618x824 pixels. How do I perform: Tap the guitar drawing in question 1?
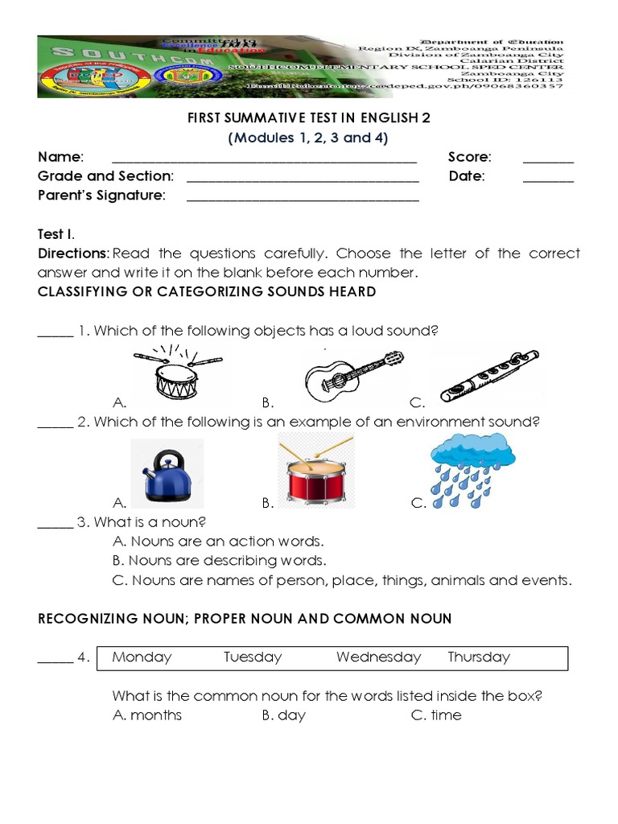click(x=352, y=376)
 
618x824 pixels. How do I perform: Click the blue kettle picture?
click(x=167, y=475)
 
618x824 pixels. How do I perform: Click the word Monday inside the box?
click(x=142, y=657)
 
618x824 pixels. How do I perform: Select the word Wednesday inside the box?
click(x=378, y=657)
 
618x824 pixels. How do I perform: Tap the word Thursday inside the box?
click(x=479, y=657)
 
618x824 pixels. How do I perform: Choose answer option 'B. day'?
click(x=283, y=715)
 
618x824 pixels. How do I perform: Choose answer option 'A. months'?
click(x=147, y=715)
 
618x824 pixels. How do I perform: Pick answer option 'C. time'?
click(x=436, y=715)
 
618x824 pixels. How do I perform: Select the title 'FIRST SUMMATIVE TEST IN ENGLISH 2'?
click(x=309, y=118)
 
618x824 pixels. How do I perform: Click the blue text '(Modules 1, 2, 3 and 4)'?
click(x=309, y=138)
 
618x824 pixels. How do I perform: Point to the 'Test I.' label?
click(x=56, y=234)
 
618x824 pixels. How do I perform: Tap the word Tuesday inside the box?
click(x=253, y=657)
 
